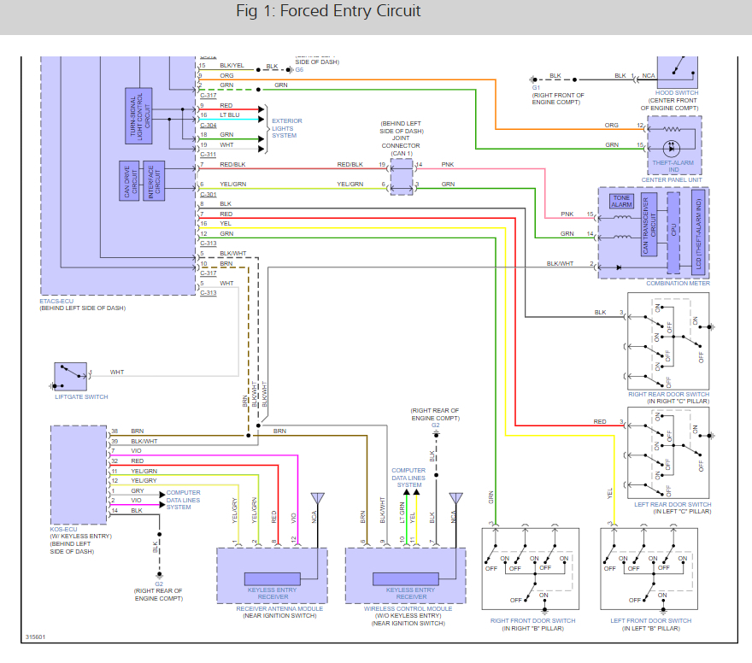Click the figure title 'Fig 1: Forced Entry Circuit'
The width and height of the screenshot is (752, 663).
click(328, 12)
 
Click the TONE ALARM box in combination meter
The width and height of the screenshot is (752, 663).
click(621, 202)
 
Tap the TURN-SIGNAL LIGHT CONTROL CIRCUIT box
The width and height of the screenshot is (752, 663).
click(138, 114)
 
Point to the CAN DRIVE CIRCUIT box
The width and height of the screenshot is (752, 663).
click(130, 181)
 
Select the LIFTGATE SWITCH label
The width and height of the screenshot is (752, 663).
click(81, 396)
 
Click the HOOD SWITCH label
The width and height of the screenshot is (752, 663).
click(675, 92)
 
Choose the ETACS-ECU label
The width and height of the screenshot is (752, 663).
click(58, 300)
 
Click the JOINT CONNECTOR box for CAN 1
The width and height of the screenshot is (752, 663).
click(402, 175)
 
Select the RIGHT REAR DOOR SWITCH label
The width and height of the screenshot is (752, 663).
click(669, 394)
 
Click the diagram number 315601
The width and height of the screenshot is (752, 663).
click(36, 637)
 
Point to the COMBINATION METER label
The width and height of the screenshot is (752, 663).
click(677, 284)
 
